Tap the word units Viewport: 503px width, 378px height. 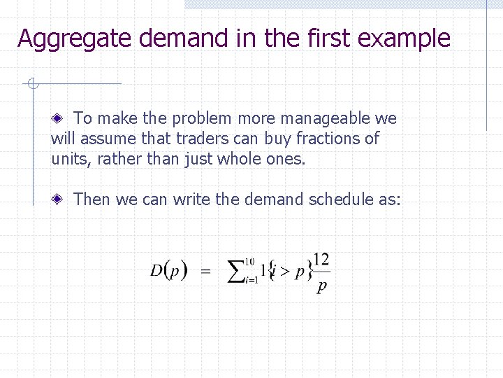tap(71, 159)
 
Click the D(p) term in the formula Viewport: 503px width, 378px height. tap(168, 271)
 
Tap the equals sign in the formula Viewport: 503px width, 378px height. tap(205, 272)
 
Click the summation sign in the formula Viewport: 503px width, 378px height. tap(237, 272)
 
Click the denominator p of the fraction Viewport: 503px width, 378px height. tap(321, 286)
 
